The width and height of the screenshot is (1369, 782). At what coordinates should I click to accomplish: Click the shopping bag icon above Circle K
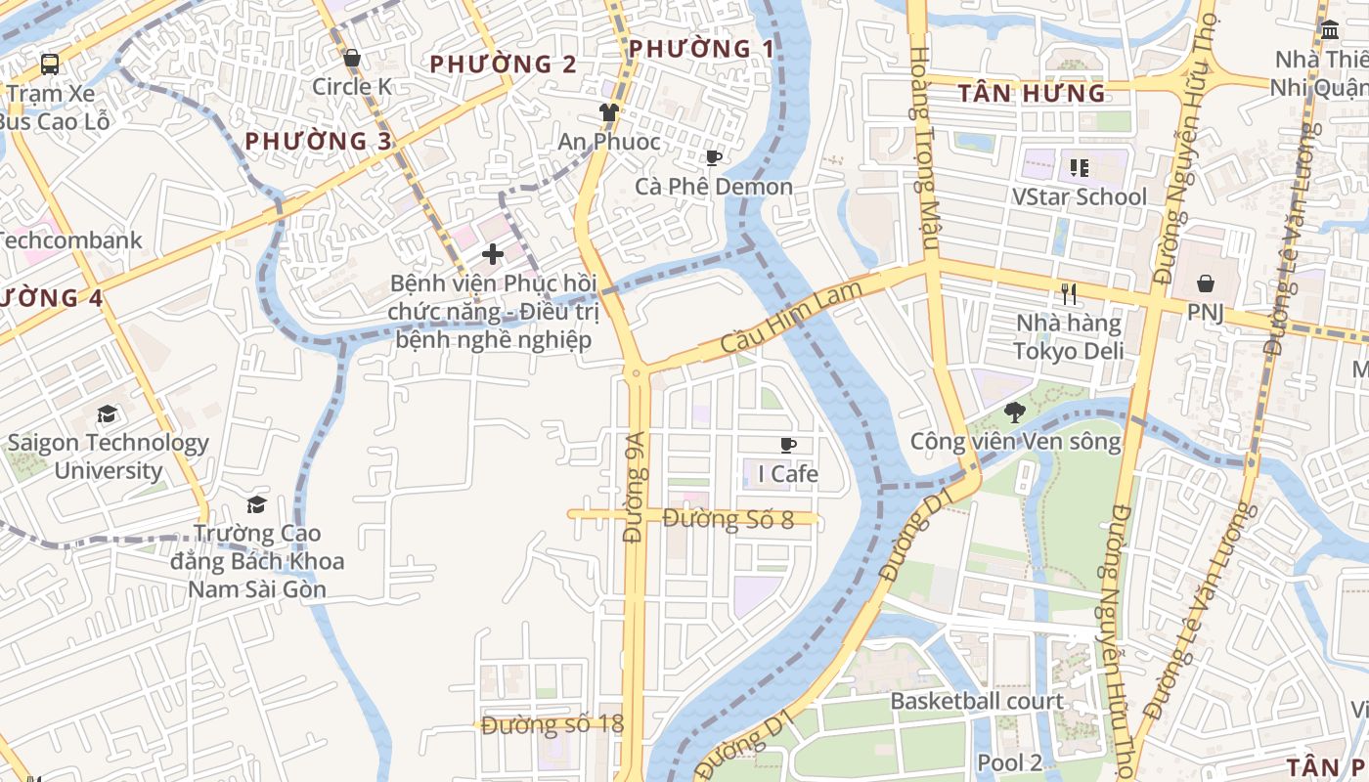pyautogui.click(x=352, y=59)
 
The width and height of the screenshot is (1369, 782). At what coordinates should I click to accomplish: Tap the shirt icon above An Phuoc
pyautogui.click(x=609, y=112)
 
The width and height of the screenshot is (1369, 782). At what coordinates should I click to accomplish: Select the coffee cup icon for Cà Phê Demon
pyautogui.click(x=714, y=158)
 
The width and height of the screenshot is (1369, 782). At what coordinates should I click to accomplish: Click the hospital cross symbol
pyautogui.click(x=493, y=254)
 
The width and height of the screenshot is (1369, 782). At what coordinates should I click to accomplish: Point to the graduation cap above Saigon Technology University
pyautogui.click(x=108, y=414)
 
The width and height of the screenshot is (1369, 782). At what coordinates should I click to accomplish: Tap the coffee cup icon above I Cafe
pyautogui.click(x=788, y=447)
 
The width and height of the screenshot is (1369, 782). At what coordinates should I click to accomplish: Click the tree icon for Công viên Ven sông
pyautogui.click(x=1015, y=413)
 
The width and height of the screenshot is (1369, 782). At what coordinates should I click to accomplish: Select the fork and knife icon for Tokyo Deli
pyautogui.click(x=1069, y=293)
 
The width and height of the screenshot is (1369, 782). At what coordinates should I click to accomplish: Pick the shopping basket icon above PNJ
pyautogui.click(x=1206, y=283)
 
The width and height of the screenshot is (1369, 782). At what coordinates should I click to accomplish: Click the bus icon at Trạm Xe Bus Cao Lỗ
pyautogui.click(x=50, y=65)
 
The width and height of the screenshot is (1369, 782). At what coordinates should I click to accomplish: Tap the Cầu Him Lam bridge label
pyautogui.click(x=792, y=318)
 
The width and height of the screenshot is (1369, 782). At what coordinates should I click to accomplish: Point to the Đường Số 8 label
pyautogui.click(x=729, y=519)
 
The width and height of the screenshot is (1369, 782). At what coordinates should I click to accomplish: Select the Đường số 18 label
pyautogui.click(x=552, y=725)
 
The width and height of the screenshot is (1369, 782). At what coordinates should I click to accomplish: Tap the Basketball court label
pyautogui.click(x=976, y=701)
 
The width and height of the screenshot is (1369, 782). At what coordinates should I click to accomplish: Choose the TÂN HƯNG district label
pyautogui.click(x=1032, y=94)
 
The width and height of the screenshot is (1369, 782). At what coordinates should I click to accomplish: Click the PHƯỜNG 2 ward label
pyautogui.click(x=504, y=65)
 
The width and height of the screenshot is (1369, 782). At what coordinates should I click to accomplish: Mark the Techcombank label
pyautogui.click(x=70, y=239)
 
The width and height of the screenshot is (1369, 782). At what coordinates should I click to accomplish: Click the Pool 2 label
pyautogui.click(x=1010, y=762)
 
